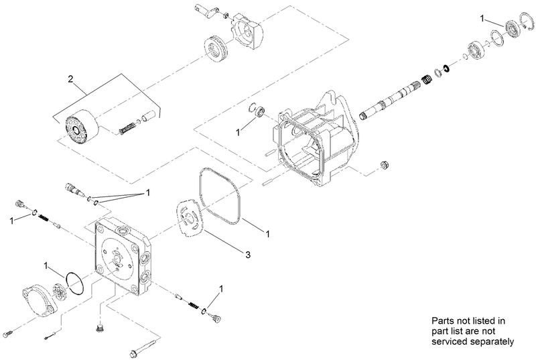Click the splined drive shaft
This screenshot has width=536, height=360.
pos(389,101)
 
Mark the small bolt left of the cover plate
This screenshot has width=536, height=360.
pos(8,333)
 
